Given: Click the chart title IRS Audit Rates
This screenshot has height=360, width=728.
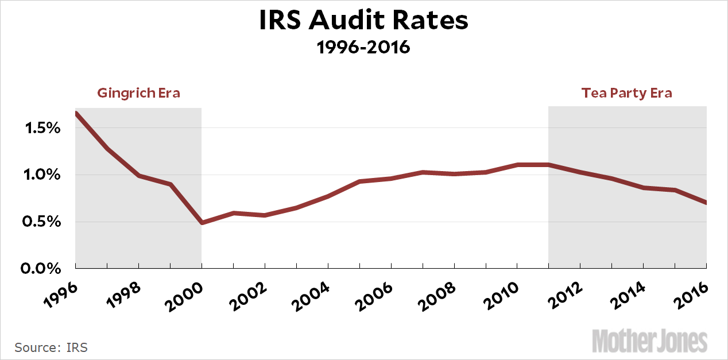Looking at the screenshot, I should [364, 21].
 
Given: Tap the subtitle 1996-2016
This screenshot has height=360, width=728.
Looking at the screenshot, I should [364, 47].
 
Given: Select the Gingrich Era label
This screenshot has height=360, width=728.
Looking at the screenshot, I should [138, 93].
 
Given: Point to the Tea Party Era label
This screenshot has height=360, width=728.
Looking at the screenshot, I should [626, 93].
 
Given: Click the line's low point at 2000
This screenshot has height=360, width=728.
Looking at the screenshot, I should [202, 222].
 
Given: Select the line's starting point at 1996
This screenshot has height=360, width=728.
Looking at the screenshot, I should [76, 113].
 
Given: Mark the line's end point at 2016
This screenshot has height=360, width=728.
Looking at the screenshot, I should [706, 203].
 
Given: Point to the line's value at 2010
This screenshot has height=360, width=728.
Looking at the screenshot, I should [517, 165].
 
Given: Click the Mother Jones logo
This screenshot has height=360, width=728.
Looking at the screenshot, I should [650, 341].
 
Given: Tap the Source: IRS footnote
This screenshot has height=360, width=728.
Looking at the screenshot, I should [51, 347].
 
